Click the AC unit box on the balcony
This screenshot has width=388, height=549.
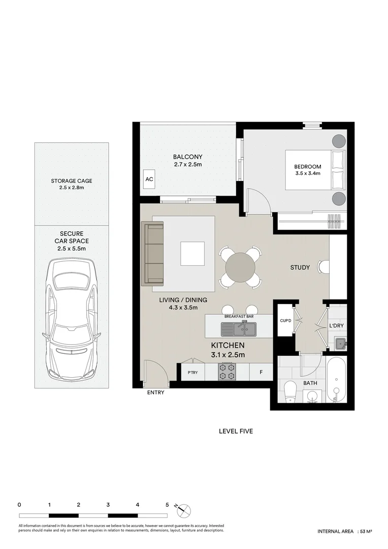point(149,179)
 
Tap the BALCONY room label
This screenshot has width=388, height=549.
point(187,157)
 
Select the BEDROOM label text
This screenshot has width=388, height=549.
point(308,167)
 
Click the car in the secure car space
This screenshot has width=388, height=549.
point(72,320)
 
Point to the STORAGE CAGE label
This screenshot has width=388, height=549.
point(71,181)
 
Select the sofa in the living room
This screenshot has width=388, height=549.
point(154,253)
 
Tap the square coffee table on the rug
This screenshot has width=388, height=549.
point(192,254)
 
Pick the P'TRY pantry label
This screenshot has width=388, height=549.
point(192,372)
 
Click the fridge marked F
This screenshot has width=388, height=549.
point(261,372)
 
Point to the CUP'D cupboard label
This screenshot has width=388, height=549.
point(284,321)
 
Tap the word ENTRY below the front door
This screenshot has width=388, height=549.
point(155,392)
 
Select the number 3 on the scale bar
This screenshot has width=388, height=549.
point(108,505)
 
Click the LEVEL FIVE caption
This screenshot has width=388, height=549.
point(236,431)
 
